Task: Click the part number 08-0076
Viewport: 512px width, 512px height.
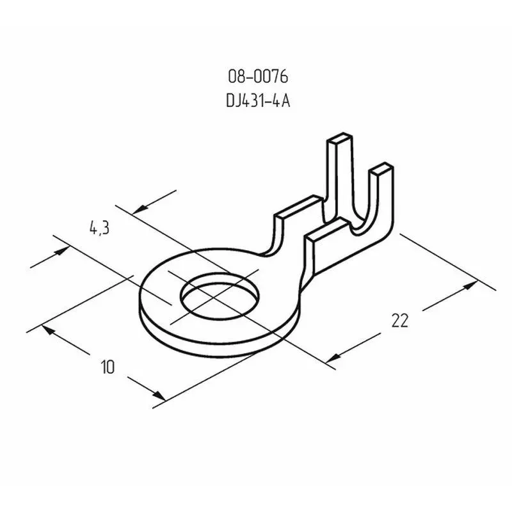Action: pyautogui.click(x=258, y=77)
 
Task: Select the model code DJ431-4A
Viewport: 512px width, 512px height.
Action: pyautogui.click(x=258, y=101)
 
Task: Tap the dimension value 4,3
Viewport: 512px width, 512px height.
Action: pyautogui.click(x=100, y=228)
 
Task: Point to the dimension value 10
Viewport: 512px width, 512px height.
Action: pyautogui.click(x=108, y=367)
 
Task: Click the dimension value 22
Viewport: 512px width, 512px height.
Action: pyautogui.click(x=399, y=321)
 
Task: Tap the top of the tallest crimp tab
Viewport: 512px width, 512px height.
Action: pyautogui.click(x=340, y=138)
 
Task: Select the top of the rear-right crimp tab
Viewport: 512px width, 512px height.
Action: pyautogui.click(x=381, y=167)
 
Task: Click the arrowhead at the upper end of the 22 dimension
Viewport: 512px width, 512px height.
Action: pyautogui.click(x=471, y=285)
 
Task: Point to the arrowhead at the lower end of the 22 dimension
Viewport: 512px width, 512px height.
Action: pyautogui.click(x=333, y=358)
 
